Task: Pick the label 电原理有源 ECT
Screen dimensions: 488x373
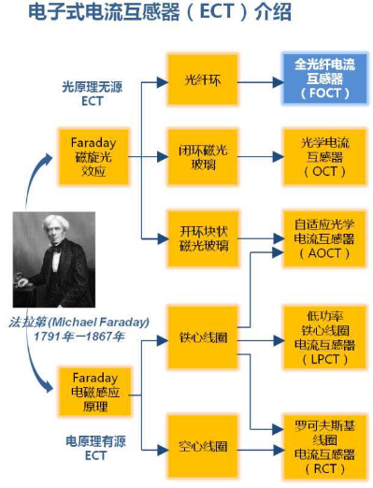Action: pos(85,447)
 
